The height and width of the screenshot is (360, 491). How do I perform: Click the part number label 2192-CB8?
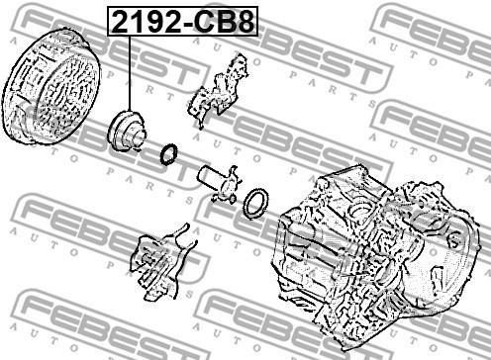tap(183, 22)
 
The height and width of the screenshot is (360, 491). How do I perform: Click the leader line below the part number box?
tap(130, 73)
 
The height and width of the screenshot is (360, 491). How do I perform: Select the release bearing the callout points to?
tap(127, 132)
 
